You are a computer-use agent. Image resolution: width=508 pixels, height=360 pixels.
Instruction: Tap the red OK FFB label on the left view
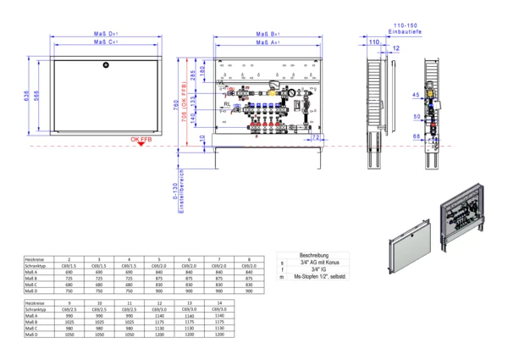(x=141, y=139)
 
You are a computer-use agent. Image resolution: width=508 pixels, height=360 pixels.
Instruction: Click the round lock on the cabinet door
(x=105, y=64)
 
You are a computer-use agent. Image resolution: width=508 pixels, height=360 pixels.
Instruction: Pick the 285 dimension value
(x=193, y=75)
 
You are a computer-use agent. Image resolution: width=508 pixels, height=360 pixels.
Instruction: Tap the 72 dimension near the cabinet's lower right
(x=315, y=136)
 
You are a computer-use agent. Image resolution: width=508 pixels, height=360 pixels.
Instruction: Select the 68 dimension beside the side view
(x=417, y=134)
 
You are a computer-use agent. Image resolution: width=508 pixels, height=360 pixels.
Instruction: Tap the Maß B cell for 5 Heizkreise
(x=158, y=278)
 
